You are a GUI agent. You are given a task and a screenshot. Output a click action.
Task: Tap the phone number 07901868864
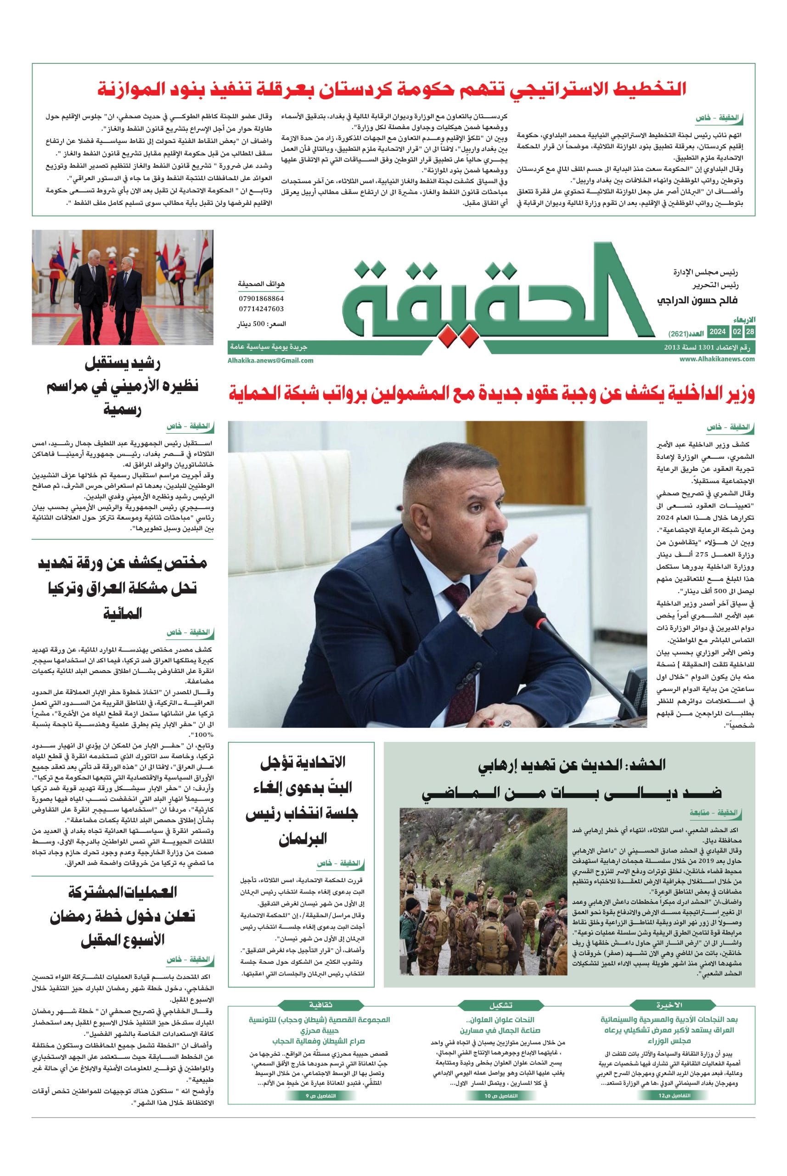pyautogui.click(x=261, y=298)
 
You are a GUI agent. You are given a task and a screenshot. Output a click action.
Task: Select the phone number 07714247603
pyautogui.click(x=261, y=309)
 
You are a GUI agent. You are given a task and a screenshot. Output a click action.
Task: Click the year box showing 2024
pyautogui.click(x=717, y=332)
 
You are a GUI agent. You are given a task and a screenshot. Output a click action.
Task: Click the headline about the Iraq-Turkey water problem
pyautogui.click(x=123, y=587)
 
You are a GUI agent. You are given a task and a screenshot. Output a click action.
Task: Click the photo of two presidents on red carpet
pyautogui.click(x=123, y=287)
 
